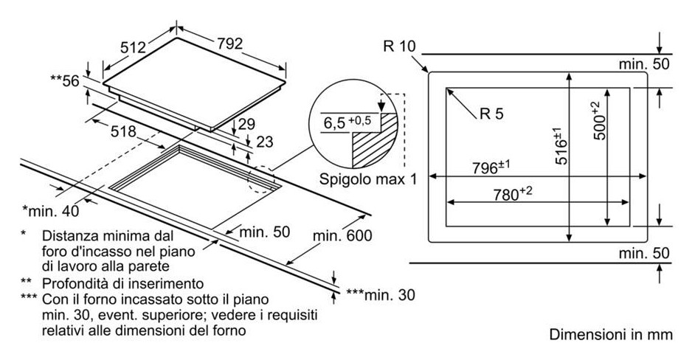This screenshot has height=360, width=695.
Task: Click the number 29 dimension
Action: [246, 123]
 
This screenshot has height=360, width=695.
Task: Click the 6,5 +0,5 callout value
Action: [345, 122]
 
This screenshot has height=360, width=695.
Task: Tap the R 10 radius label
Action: [400, 47]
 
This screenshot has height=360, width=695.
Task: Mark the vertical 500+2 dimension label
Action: [597, 120]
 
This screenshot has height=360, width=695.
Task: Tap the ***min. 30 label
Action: [379, 295]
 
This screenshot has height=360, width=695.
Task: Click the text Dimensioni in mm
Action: [611, 335]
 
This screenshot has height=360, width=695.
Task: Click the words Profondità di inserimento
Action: [122, 283]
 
